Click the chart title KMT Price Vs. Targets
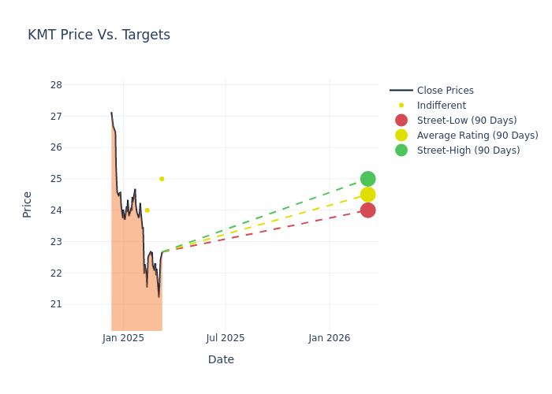click(x=99, y=35)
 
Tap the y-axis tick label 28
click(x=56, y=85)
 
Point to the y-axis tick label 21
click(x=56, y=304)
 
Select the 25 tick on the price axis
click(x=56, y=179)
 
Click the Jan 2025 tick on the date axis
click(x=123, y=338)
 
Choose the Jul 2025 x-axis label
click(x=226, y=338)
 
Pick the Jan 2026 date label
click(x=329, y=338)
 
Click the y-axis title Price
click(x=28, y=204)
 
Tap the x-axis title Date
click(x=221, y=360)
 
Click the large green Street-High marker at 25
click(x=367, y=179)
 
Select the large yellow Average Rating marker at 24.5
click(x=367, y=195)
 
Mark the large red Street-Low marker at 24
click(x=367, y=210)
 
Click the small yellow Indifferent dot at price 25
click(x=162, y=179)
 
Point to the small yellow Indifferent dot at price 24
click(x=147, y=210)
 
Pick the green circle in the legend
click(x=401, y=151)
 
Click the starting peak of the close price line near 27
click(x=111, y=113)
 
